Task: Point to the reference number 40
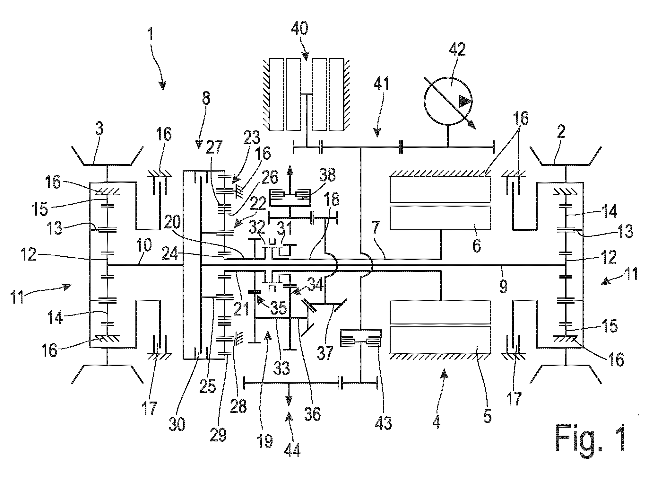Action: [x=300, y=28]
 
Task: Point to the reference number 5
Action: [x=487, y=417]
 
